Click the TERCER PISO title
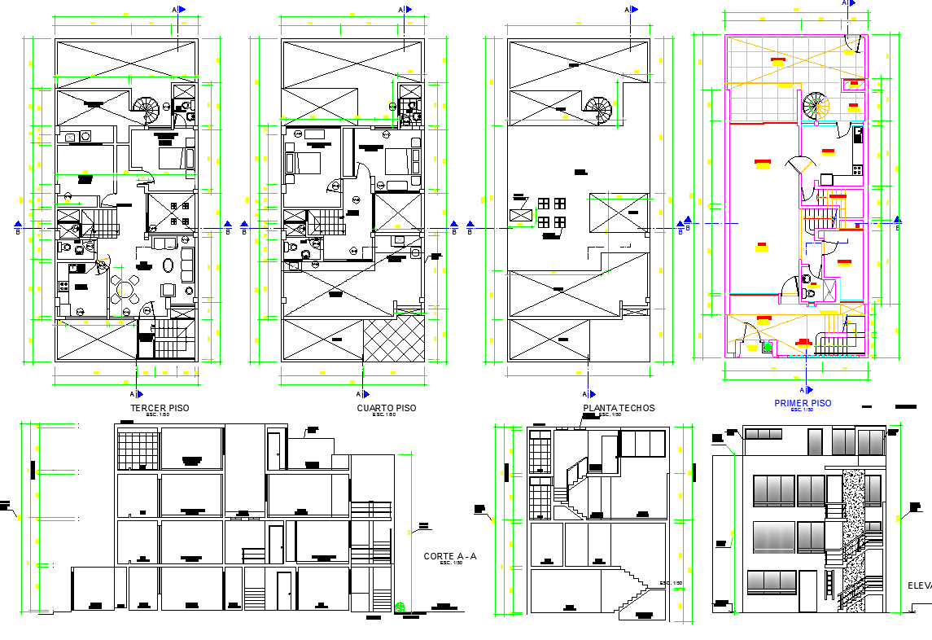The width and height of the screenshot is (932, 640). click(160, 408)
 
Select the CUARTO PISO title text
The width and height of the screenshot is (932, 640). click(386, 408)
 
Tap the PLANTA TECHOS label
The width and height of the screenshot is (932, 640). click(619, 408)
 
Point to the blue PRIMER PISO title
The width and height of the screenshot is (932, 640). click(803, 403)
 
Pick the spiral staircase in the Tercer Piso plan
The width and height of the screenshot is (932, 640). click(147, 108)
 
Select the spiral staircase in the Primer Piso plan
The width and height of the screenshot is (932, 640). click(815, 105)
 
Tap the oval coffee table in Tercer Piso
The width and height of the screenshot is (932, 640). click(168, 265)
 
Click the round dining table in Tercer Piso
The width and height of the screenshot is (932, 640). click(125, 288)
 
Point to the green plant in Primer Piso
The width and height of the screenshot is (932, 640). click(767, 348)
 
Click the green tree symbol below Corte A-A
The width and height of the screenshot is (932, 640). click(400, 606)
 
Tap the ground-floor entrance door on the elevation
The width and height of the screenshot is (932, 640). click(807, 591)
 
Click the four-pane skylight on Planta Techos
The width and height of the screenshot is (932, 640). click(551, 213)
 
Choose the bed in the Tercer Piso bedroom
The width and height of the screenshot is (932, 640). click(172, 156)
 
